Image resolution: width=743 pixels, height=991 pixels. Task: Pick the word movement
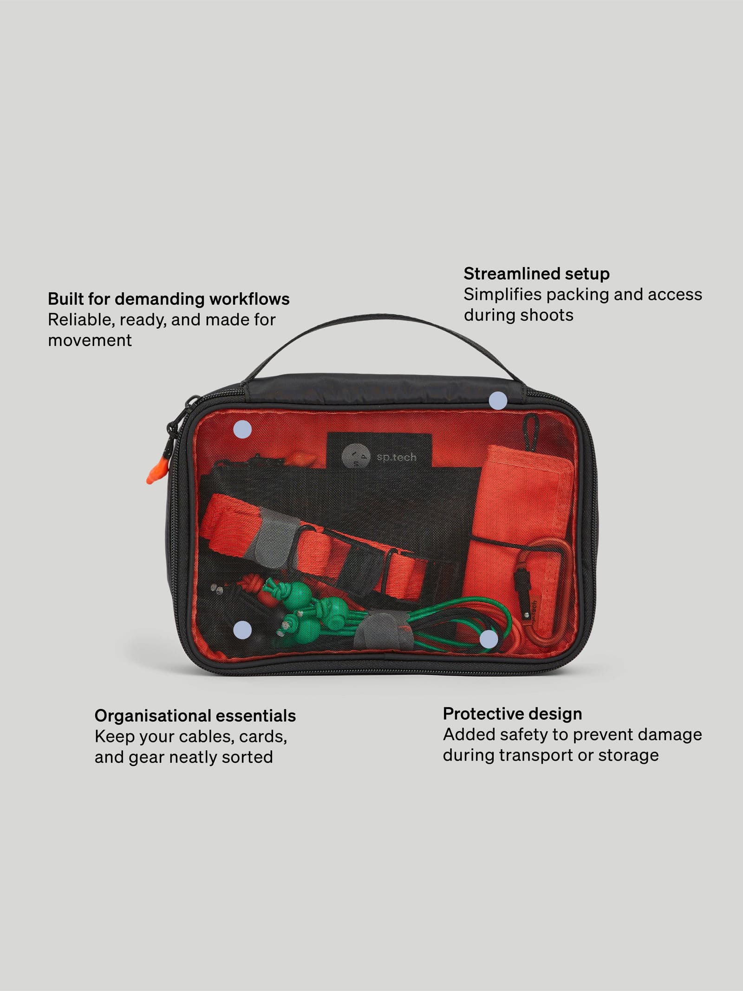pyautogui.click(x=90, y=340)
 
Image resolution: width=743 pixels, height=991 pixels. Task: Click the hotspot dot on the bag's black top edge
pyautogui.click(x=498, y=400)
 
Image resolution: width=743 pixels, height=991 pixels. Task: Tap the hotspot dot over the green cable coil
pyautogui.click(x=489, y=640)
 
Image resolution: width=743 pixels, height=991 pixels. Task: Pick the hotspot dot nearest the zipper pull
pyautogui.click(x=242, y=430)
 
